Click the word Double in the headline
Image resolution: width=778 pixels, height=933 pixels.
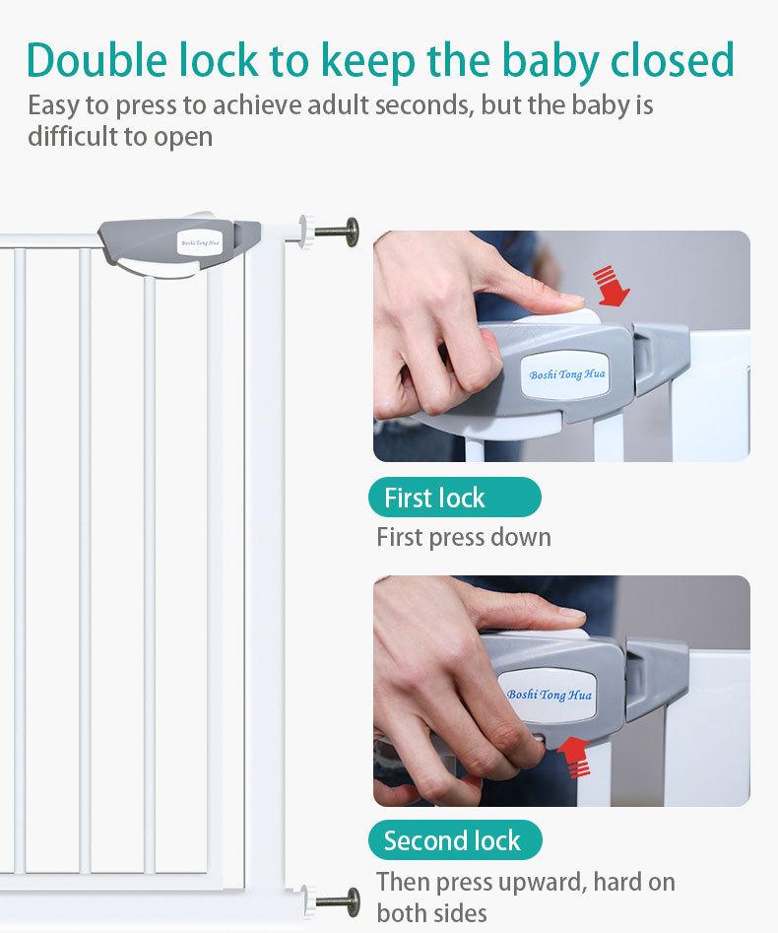97,60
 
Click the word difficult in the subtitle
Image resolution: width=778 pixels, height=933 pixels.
72,136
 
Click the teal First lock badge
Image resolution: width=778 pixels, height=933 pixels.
455,497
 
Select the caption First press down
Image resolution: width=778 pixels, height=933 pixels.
464,537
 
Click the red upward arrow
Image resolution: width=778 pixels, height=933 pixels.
574,757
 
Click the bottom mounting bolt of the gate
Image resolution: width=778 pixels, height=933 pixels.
330,901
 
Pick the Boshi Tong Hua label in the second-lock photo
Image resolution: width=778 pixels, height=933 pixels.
548,695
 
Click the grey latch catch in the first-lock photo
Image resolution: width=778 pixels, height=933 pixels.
660,357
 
